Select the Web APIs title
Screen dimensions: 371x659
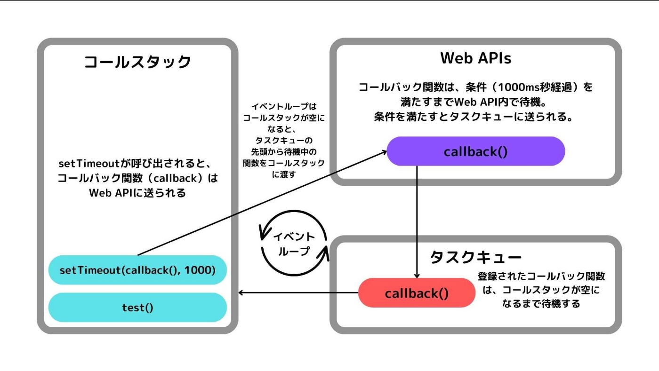[475, 58]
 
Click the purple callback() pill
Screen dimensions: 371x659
[475, 152]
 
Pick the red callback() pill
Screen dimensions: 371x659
[417, 293]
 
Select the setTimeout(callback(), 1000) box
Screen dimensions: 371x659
[137, 270]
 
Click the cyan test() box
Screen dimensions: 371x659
[137, 308]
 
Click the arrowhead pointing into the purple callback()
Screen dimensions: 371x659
[384, 151]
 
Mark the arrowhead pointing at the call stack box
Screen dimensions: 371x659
[241, 293]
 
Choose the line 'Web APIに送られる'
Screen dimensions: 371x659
[137, 193]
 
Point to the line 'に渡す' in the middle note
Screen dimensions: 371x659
[283, 174]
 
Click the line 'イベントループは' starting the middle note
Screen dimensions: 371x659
[283, 108]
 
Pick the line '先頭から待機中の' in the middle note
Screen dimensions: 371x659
[283, 152]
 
